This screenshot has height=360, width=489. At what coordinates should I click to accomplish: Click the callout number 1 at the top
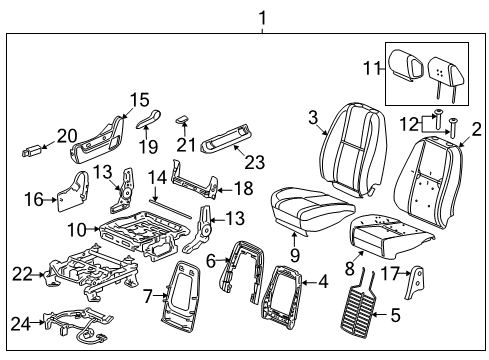pyautogui.click(x=263, y=16)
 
